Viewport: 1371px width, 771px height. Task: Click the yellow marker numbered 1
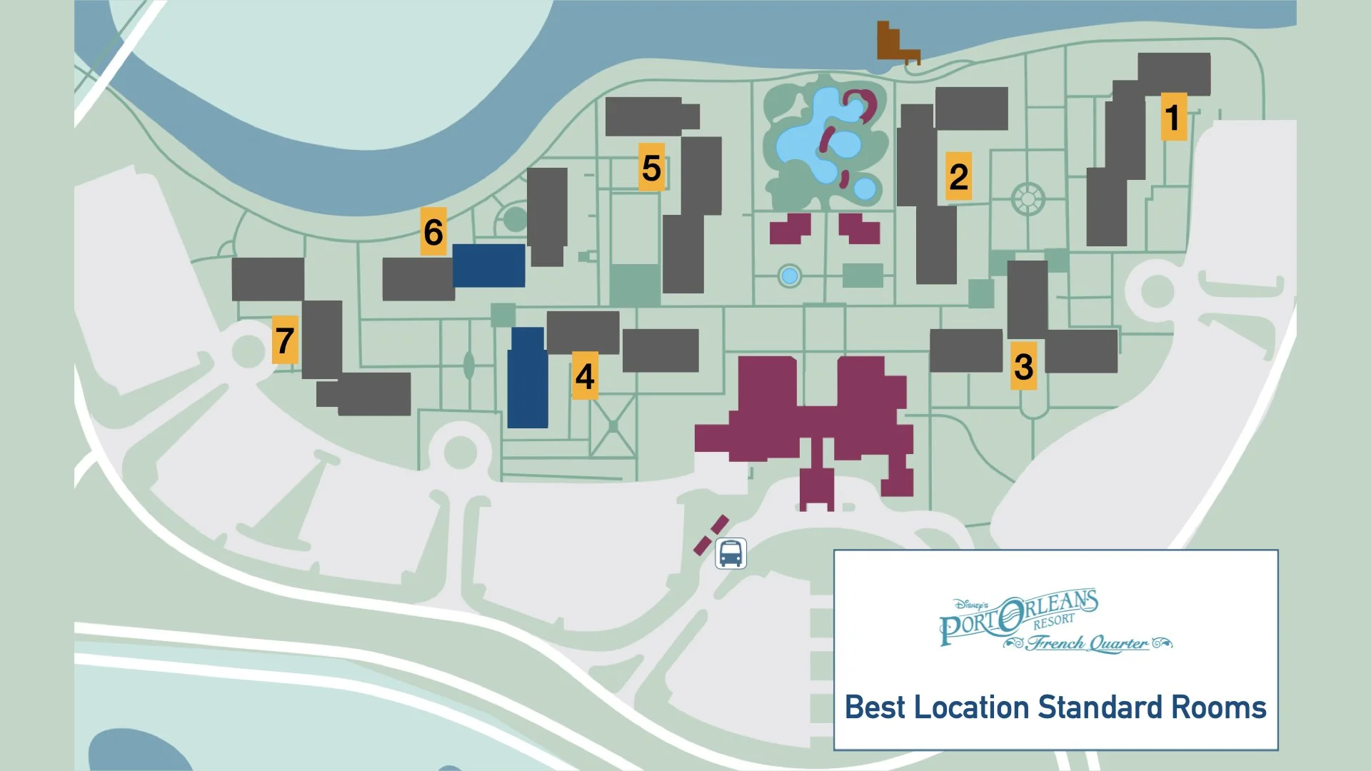pyautogui.click(x=1173, y=116)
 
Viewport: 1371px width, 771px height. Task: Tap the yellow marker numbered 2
pyautogui.click(x=958, y=176)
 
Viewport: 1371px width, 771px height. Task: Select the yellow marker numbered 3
pyautogui.click(x=1023, y=366)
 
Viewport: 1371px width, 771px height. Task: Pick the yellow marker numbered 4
pyautogui.click(x=585, y=376)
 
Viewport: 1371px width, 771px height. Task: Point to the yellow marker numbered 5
pyautogui.click(x=651, y=168)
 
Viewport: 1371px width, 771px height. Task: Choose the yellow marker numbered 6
pyautogui.click(x=433, y=231)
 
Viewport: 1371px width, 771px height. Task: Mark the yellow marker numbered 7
pyautogui.click(x=285, y=340)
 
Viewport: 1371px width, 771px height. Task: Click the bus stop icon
pyautogui.click(x=730, y=553)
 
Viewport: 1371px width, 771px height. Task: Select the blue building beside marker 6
pyautogui.click(x=489, y=266)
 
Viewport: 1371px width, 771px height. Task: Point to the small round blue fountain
pyautogui.click(x=789, y=276)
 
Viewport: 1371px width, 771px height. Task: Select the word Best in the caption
pyautogui.click(x=875, y=707)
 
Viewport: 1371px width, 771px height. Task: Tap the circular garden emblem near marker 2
pyautogui.click(x=1028, y=198)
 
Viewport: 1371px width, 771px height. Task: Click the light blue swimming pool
pyautogui.click(x=821, y=139)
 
